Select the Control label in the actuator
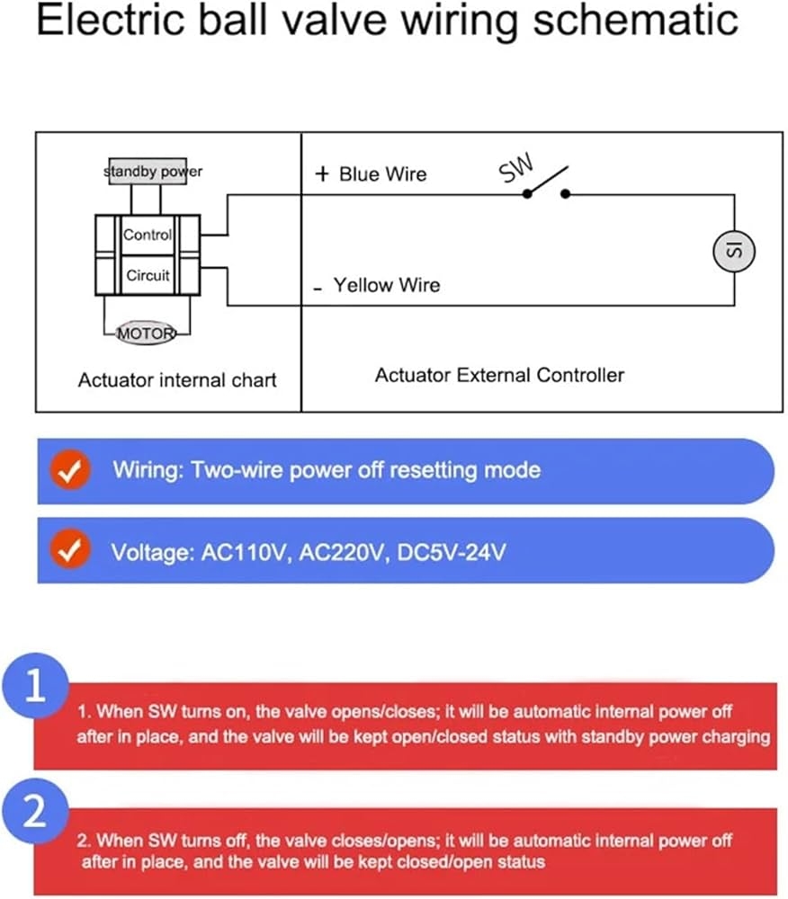click(148, 236)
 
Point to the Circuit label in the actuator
click(148, 275)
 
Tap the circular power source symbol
click(733, 250)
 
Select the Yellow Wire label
click(387, 286)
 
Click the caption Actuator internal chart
click(177, 379)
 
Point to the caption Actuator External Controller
click(499, 375)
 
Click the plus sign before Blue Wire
click(322, 174)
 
